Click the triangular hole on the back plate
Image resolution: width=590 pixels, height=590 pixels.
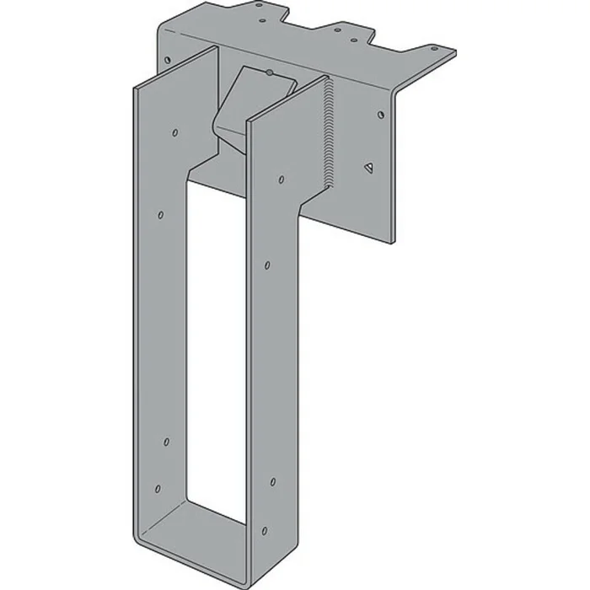368,167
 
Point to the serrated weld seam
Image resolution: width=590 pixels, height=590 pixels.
327,126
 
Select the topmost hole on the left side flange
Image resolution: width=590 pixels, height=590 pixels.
174,132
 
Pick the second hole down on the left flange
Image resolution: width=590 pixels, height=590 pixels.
161,215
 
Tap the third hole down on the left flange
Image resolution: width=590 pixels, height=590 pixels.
166,442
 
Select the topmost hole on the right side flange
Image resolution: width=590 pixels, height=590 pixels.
281,180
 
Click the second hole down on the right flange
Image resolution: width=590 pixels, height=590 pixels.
267,265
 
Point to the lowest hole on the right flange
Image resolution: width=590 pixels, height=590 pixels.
265,530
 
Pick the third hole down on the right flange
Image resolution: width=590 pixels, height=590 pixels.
272,482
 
